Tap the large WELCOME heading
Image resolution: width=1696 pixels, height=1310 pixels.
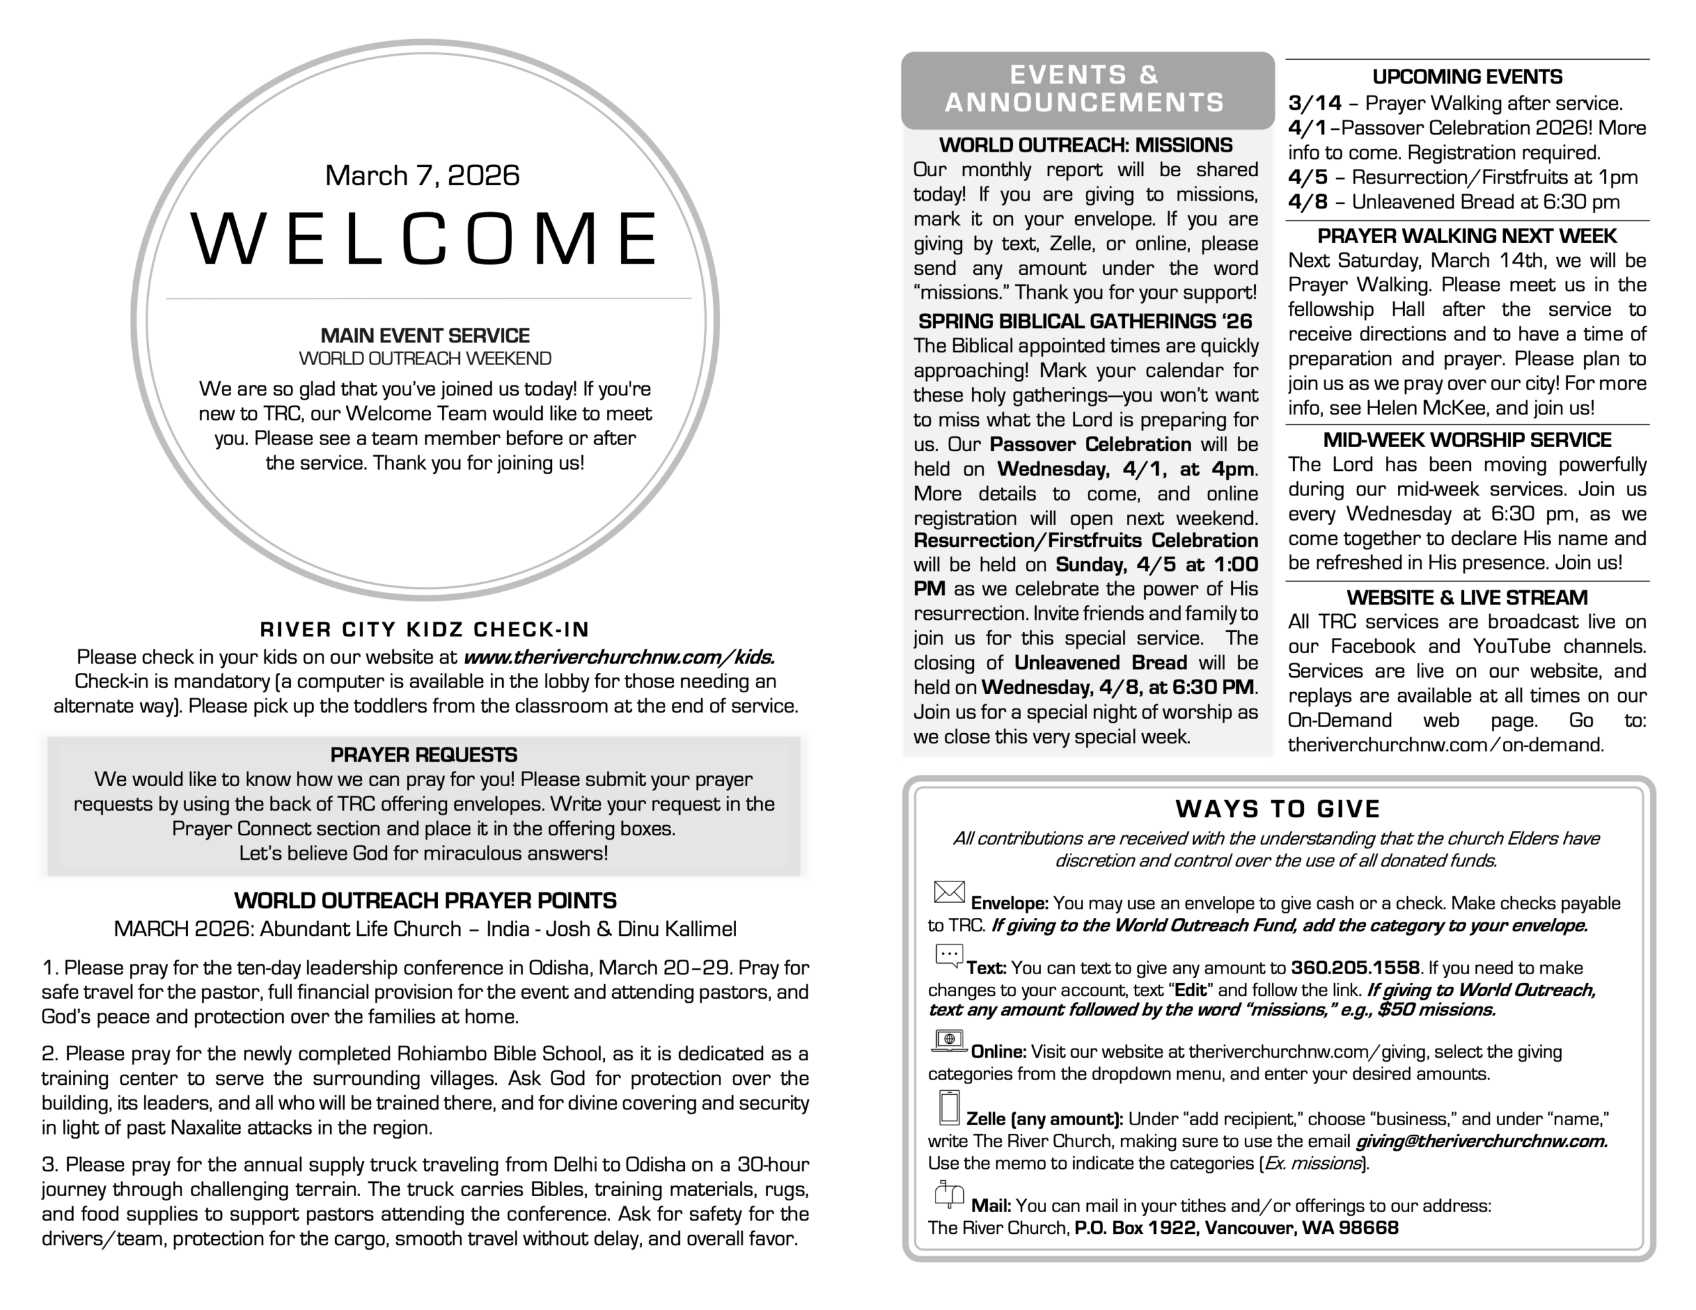(425, 238)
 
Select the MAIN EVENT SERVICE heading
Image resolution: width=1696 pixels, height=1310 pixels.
(425, 336)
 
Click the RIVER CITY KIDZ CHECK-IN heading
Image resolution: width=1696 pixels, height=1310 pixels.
(425, 629)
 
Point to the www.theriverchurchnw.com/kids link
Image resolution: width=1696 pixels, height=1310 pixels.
(619, 657)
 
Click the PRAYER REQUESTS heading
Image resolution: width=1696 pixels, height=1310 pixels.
(423, 755)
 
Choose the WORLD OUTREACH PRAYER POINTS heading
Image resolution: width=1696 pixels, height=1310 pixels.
(425, 901)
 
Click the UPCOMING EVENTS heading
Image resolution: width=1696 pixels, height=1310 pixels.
(1467, 77)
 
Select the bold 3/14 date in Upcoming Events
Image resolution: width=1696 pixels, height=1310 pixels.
(1314, 103)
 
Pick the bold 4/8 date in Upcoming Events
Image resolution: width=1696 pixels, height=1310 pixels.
(1308, 202)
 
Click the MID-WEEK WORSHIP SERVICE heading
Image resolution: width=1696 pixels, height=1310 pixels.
(1467, 440)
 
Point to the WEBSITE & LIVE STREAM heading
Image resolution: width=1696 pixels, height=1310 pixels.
(1467, 598)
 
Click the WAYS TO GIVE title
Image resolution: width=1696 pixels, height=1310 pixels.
(1278, 809)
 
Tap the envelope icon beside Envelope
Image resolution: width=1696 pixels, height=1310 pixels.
(949, 892)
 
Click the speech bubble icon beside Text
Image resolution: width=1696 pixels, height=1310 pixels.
(949, 956)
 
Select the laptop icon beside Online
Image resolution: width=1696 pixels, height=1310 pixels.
(949, 1040)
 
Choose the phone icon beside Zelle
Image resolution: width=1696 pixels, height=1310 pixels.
(949, 1107)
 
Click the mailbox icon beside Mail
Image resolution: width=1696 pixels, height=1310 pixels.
(949, 1194)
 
